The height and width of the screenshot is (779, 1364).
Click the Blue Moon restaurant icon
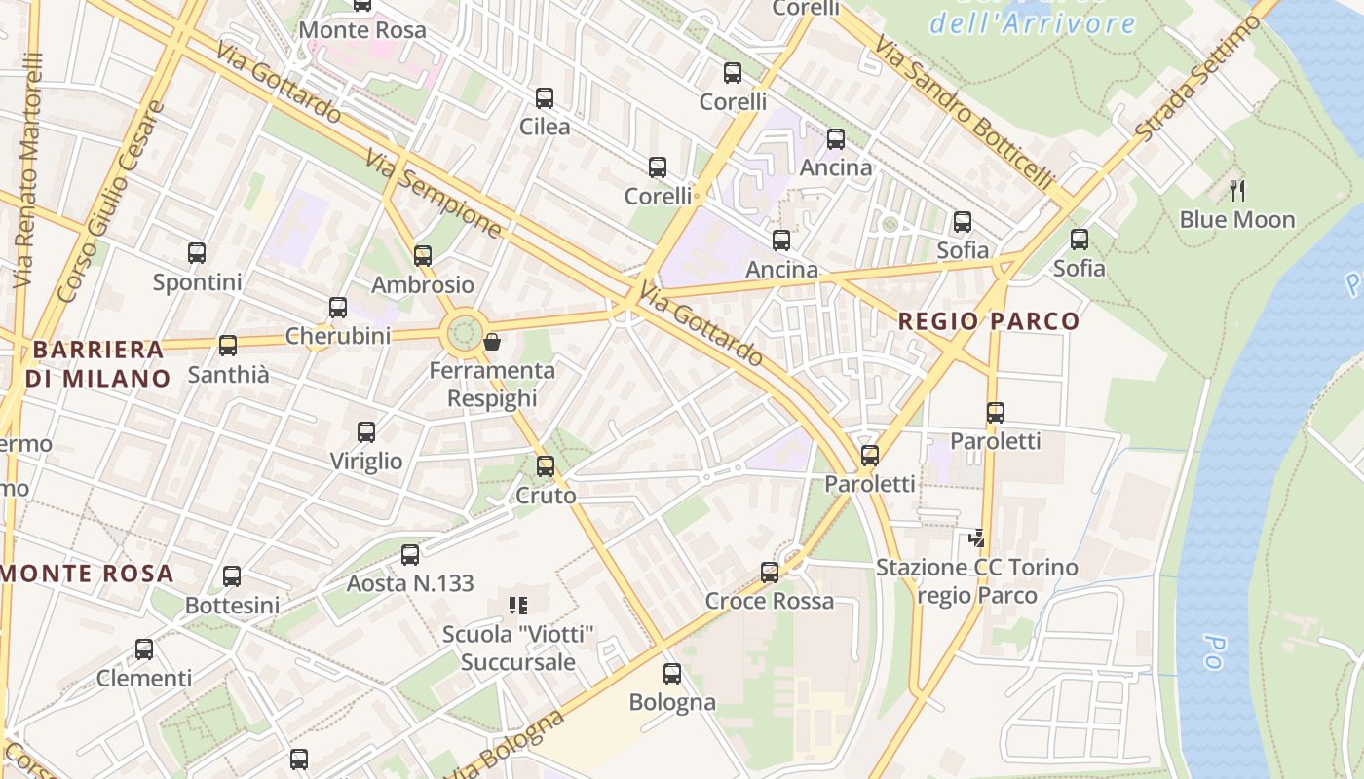click(1237, 190)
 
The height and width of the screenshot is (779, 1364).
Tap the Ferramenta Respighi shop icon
click(492, 342)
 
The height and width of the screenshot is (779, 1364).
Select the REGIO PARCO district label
click(989, 321)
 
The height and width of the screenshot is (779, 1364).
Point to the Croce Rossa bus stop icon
click(770, 572)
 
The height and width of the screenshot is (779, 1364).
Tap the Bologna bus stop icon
click(671, 673)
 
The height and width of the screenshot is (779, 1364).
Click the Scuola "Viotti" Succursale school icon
click(517, 606)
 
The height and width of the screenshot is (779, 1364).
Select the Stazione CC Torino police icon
click(976, 538)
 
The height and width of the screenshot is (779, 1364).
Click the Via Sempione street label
click(435, 194)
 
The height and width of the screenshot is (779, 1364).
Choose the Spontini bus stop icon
click(197, 253)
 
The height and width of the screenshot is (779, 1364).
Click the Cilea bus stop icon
click(545, 97)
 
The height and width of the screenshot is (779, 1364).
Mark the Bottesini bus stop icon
click(232, 575)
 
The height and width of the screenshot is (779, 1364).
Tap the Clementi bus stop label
click(144, 678)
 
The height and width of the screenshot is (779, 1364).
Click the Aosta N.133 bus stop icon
click(410, 554)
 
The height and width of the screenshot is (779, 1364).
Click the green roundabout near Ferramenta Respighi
click(465, 333)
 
